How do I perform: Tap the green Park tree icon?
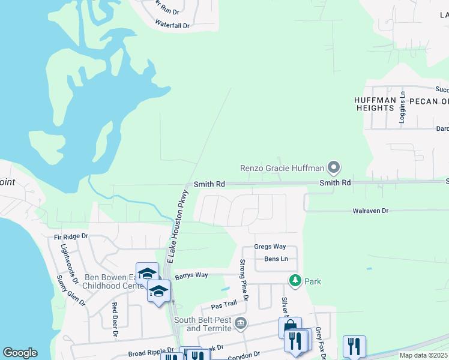point(295,281)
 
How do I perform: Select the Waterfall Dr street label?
point(172,26)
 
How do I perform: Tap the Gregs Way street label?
point(270,247)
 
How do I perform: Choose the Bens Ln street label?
point(276,259)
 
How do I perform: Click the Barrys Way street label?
point(191,275)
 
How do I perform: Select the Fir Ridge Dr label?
point(71,237)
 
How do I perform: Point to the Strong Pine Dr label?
point(244,277)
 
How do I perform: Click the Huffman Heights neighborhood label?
point(375,104)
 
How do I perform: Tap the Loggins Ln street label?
point(403,108)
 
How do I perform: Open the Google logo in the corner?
point(20,353)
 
